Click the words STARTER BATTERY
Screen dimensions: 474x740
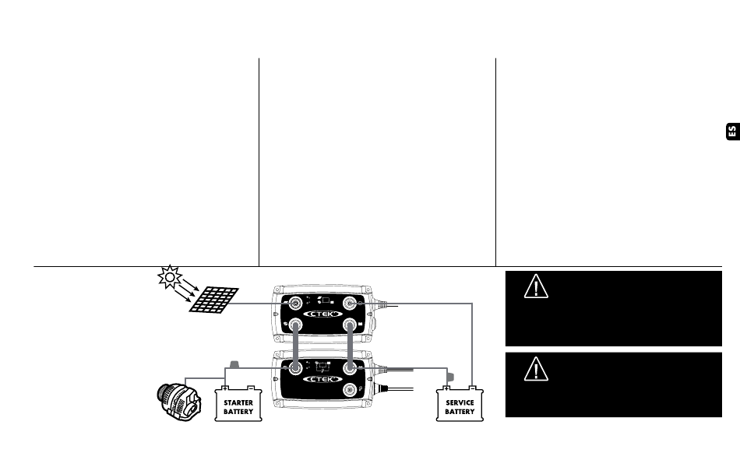coord(238,407)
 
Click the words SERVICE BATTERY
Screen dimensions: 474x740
coord(460,407)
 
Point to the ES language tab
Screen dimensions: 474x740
coord(731,132)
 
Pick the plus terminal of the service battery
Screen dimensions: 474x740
coord(446,388)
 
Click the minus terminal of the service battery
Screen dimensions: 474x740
coord(474,388)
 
